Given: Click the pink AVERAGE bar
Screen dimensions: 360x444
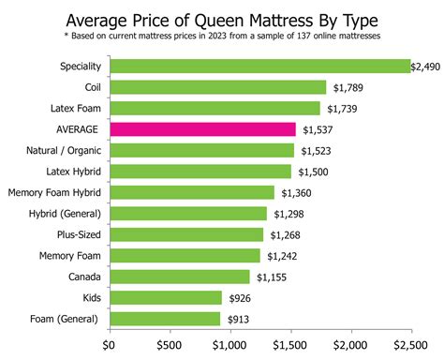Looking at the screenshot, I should [202, 129].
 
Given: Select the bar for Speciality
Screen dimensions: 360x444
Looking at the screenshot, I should [260, 67].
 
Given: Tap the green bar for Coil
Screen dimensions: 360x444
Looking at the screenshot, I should [218, 87].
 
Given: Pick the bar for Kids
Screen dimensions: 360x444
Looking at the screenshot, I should [166, 297].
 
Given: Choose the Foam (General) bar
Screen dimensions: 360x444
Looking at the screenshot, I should [165, 318].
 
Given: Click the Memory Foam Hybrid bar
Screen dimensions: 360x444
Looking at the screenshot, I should [192, 192].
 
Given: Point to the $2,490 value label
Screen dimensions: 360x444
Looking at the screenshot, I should [428, 67].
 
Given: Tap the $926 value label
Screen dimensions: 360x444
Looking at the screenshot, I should [239, 297].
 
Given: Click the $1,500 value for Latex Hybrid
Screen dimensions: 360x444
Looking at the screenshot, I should [314, 172].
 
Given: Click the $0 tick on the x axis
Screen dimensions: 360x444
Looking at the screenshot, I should [111, 345].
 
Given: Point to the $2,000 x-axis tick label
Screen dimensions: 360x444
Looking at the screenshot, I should [351, 345].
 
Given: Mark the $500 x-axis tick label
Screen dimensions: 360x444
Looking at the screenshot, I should [170, 345].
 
